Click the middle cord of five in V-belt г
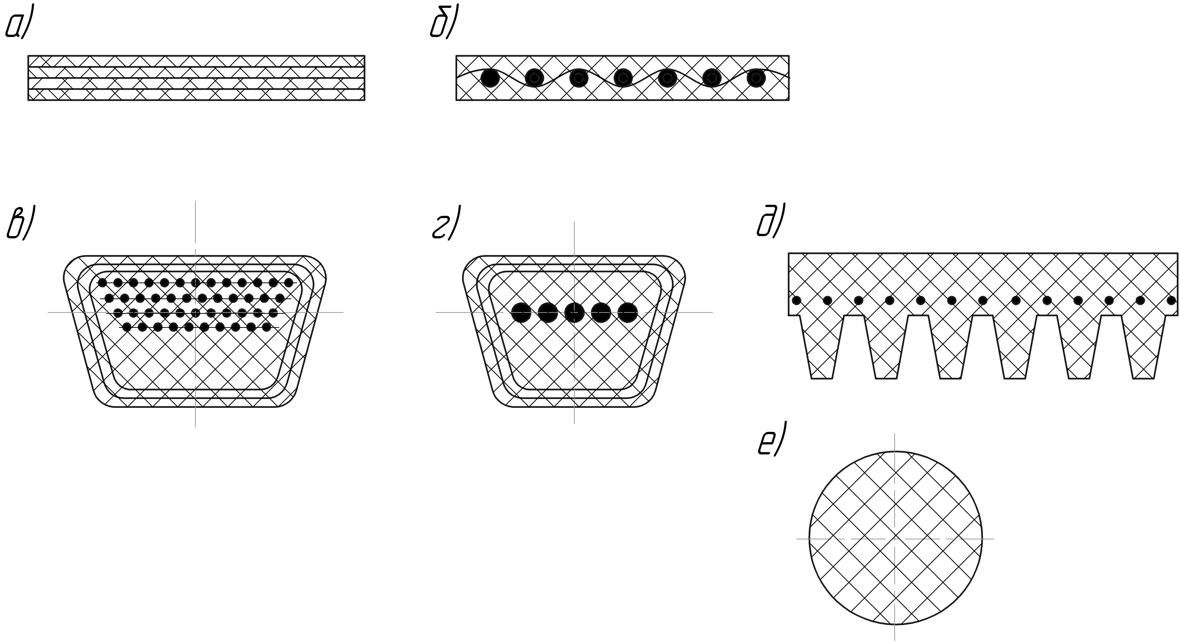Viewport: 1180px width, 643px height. click(x=575, y=312)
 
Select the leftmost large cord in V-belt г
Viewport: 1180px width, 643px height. click(x=521, y=312)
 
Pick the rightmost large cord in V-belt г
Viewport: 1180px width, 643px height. click(x=628, y=312)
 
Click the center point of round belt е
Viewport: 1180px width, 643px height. click(x=895, y=539)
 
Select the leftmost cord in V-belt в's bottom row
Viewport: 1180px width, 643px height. click(x=127, y=327)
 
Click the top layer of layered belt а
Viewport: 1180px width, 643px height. click(x=196, y=61)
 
